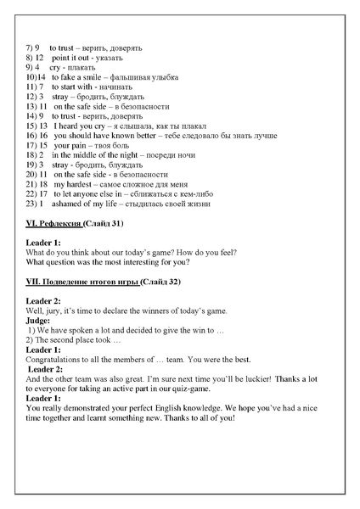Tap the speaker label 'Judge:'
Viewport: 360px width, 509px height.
coord(38,321)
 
